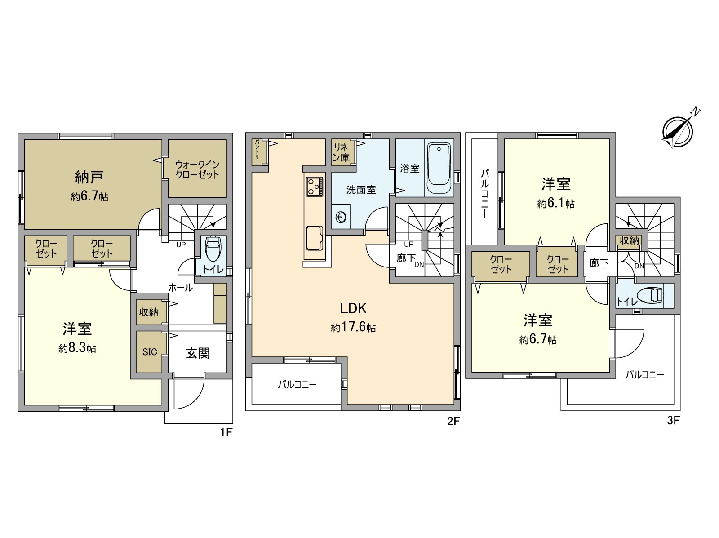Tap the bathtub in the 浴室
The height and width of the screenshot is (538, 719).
pos(439,168)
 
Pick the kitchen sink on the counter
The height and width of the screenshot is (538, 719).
pos(315,238)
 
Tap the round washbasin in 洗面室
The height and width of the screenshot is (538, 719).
pos(341,217)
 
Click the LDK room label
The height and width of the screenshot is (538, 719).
pos(353,308)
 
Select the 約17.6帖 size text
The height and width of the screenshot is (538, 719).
pos(353,327)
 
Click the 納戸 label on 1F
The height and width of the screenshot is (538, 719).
pos(89,177)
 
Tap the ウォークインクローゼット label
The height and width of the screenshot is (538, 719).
pos(197,169)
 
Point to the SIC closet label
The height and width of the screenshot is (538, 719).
pos(150,352)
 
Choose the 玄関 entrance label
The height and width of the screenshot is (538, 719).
pos(198,353)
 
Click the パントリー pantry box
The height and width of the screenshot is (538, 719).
pos(257,152)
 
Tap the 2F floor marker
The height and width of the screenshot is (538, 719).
pos(454,421)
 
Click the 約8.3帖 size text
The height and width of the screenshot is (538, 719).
pos(77,348)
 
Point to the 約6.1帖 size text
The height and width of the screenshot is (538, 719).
pos(556,204)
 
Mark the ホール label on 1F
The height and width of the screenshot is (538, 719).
pos(181,288)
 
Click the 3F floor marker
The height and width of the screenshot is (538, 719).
pos(674,420)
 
